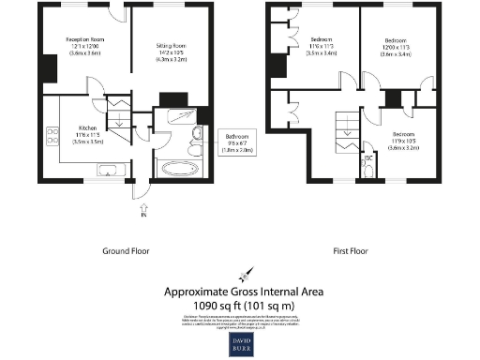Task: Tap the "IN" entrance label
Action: (x=143, y=215)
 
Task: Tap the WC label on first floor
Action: (x=368, y=157)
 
